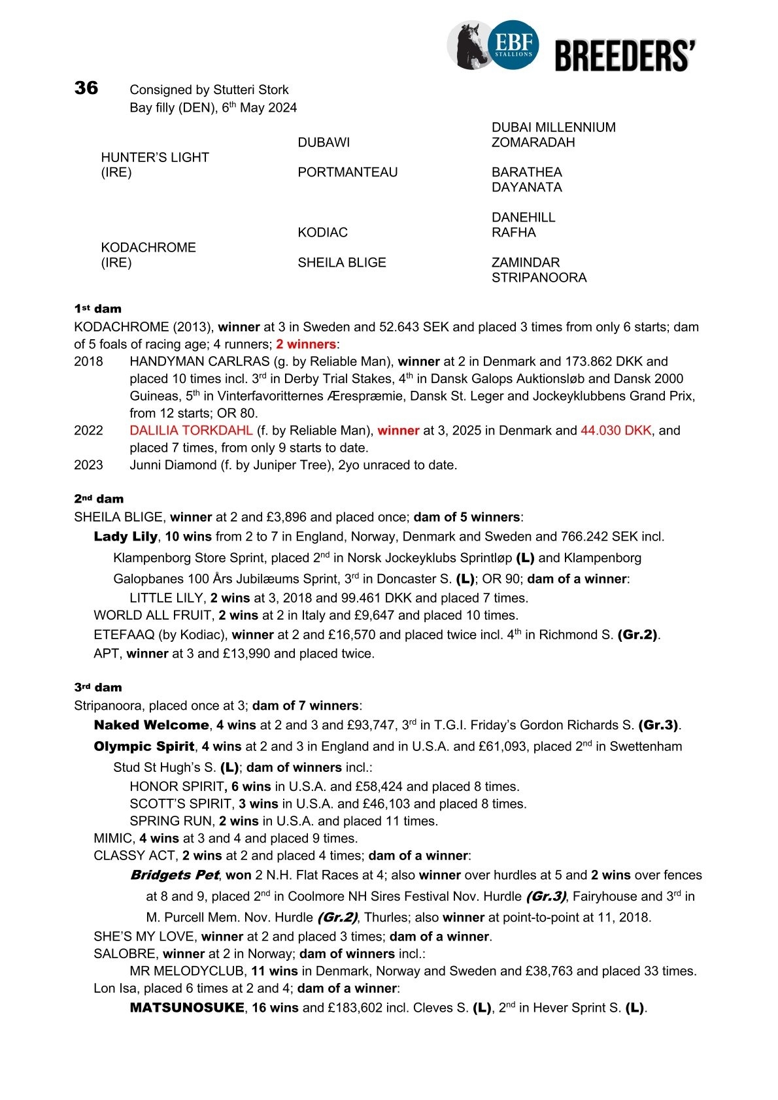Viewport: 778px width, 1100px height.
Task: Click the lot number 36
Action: pos(86,88)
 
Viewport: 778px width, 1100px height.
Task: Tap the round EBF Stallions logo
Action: pos(514,44)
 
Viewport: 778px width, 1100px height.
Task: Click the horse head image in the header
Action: pos(469,46)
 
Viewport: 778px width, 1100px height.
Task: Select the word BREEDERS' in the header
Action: pos(625,55)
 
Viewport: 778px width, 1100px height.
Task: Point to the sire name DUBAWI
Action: pos(324,142)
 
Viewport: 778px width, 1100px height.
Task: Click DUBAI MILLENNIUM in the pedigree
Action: pos(553,127)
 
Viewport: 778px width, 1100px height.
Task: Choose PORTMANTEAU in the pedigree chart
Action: pos(347,173)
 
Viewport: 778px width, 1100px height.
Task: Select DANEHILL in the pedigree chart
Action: pos(523,218)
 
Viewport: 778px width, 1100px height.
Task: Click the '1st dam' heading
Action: pos(97,309)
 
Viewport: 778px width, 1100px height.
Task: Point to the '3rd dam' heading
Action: pos(97,688)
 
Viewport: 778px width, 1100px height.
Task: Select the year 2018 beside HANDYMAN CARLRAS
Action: pos(88,361)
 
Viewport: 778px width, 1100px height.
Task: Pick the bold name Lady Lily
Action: pos(126,537)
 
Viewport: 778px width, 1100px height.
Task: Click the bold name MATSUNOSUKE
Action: pos(187,1007)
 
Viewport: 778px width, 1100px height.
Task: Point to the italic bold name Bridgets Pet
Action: pos(175,875)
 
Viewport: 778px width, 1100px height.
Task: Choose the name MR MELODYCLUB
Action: pos(188,971)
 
